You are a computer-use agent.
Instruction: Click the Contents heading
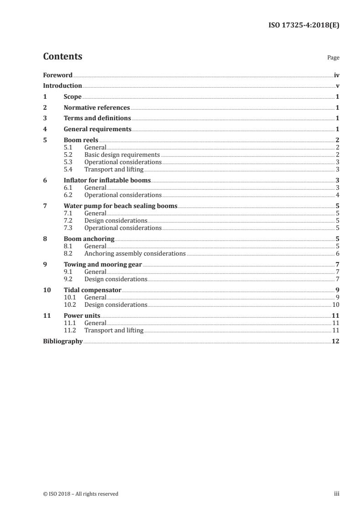point(63,57)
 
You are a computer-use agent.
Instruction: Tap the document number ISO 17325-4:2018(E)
point(303,26)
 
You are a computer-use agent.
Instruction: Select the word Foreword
point(58,75)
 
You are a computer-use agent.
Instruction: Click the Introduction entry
point(63,85)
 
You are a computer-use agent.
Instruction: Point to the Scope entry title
point(73,96)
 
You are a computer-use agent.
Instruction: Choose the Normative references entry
point(97,107)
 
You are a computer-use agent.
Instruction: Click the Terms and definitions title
point(97,118)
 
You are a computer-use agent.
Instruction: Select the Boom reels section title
point(81,140)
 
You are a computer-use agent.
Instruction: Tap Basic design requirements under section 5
point(122,155)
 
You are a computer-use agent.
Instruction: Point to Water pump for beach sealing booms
point(121,206)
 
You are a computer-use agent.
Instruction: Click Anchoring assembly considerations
point(135,253)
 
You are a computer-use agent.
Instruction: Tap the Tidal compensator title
point(92,290)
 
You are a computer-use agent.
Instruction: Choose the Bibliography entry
point(63,341)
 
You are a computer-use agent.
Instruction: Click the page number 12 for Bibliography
point(336,341)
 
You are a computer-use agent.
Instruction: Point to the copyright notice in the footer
point(81,494)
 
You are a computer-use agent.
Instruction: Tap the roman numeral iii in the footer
point(337,494)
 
